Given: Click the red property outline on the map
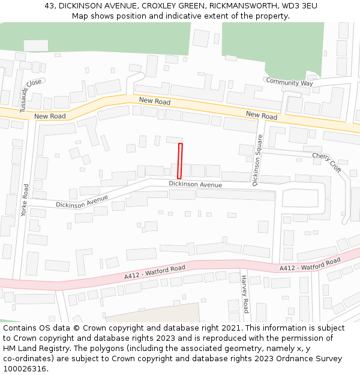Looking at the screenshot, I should [x=179, y=161].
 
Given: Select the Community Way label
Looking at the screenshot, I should [x=289, y=82].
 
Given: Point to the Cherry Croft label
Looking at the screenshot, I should [x=326, y=163].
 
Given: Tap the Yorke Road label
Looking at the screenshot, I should [x=24, y=200].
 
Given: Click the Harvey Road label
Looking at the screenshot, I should [x=244, y=294].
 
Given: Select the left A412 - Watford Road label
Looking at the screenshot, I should [x=155, y=272].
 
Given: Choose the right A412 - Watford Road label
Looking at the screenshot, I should [x=310, y=264].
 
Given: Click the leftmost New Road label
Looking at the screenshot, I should [x=50, y=116].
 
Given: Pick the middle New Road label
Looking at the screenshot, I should [x=155, y=101].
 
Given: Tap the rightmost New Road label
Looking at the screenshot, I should [x=262, y=115].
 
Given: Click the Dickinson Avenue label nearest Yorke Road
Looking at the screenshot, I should [x=82, y=202].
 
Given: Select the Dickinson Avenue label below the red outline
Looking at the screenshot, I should [x=195, y=184].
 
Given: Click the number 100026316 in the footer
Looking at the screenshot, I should [x=26, y=368].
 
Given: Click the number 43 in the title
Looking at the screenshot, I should [x=50, y=6].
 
